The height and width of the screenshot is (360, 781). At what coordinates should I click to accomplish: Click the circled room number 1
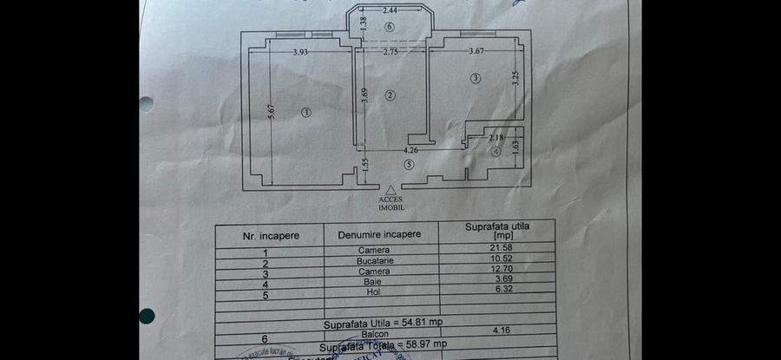tap(306, 111)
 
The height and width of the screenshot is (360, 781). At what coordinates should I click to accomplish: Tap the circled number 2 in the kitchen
tap(390, 95)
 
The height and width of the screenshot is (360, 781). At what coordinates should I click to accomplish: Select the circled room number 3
tap(476, 79)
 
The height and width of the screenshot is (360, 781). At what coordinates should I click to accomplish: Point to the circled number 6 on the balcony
tap(390, 28)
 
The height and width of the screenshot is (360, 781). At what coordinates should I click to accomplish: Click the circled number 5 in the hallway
tap(409, 164)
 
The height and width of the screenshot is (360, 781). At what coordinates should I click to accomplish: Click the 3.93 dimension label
tap(301, 52)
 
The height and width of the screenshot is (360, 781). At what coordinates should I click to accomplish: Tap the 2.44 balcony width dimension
tap(390, 10)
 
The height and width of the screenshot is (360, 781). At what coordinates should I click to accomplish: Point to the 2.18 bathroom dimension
tap(496, 137)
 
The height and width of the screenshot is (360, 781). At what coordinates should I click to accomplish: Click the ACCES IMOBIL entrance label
tap(390, 203)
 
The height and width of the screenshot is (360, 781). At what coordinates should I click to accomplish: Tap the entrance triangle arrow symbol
tap(391, 189)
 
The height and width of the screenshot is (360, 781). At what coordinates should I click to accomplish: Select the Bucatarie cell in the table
tap(374, 260)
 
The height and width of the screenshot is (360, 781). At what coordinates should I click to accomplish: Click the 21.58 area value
tap(498, 250)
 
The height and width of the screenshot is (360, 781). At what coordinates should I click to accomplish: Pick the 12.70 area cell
tap(498, 271)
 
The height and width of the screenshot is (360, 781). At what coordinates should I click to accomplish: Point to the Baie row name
tap(374, 282)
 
